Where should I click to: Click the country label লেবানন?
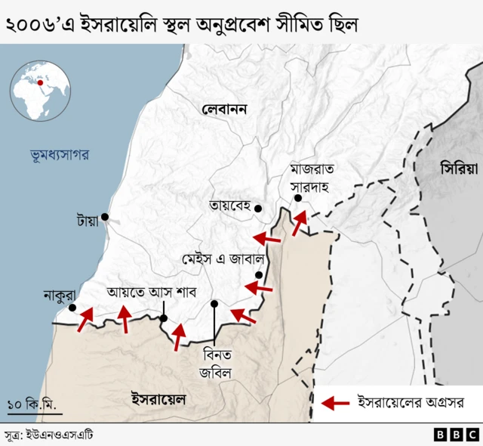click(x=225, y=110)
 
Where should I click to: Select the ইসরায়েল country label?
click(x=158, y=398)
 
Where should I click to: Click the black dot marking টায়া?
click(x=105, y=217)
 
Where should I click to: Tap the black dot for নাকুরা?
click(x=72, y=308)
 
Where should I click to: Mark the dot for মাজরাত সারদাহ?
click(x=298, y=198)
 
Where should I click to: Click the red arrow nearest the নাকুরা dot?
click(x=85, y=317)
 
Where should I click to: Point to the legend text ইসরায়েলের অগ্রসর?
click(x=409, y=401)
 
